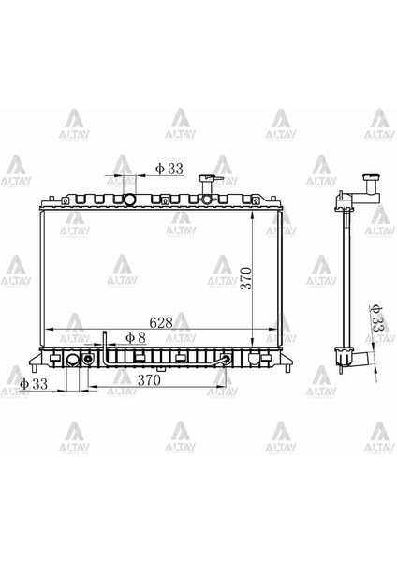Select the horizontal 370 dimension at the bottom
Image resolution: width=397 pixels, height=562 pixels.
pos(149,380)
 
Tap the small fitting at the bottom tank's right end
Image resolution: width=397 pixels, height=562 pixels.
pos(228,359)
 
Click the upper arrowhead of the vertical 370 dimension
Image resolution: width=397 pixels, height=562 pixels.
pos(253,208)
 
